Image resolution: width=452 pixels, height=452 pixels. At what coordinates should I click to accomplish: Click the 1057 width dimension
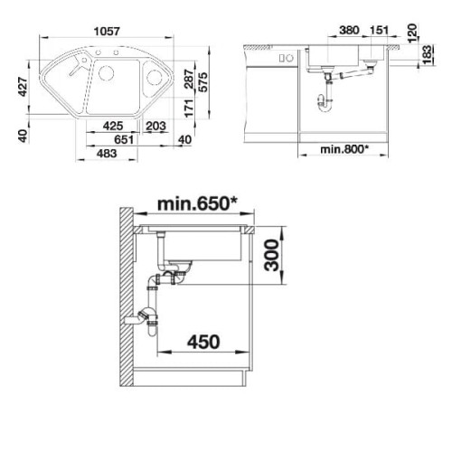click(x=107, y=31)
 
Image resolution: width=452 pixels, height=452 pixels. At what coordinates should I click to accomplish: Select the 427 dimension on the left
click(x=23, y=87)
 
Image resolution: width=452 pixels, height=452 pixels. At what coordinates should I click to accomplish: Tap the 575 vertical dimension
click(x=203, y=82)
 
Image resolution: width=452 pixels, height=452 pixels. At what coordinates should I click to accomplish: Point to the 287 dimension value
click(x=189, y=79)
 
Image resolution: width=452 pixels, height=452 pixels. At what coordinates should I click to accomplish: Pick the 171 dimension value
click(x=189, y=108)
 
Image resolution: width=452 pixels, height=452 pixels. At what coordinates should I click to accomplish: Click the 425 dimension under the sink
click(x=113, y=126)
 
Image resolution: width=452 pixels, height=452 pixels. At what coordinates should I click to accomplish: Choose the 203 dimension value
click(x=155, y=126)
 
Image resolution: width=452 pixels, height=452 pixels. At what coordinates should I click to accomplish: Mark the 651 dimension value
click(x=124, y=139)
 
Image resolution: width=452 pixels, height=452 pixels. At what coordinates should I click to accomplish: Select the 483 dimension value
click(x=107, y=154)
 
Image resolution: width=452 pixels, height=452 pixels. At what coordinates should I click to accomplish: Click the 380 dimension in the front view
click(x=349, y=30)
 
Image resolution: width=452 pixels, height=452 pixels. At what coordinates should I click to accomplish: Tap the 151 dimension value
click(x=379, y=30)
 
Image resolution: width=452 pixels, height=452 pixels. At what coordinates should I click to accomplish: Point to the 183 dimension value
click(x=427, y=55)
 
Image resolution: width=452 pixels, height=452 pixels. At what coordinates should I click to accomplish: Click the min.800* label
click(x=344, y=149)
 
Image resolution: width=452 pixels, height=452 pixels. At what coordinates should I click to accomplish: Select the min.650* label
click(x=197, y=203)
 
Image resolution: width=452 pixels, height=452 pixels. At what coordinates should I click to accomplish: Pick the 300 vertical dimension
click(x=271, y=255)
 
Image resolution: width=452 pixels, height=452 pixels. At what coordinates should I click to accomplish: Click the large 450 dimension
click(x=203, y=342)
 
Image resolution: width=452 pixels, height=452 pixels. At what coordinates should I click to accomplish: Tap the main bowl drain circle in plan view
click(x=107, y=72)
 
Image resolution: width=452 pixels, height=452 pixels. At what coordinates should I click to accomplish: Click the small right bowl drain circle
click(x=155, y=78)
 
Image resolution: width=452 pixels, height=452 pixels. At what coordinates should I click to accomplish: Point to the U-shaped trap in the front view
click(x=325, y=104)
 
